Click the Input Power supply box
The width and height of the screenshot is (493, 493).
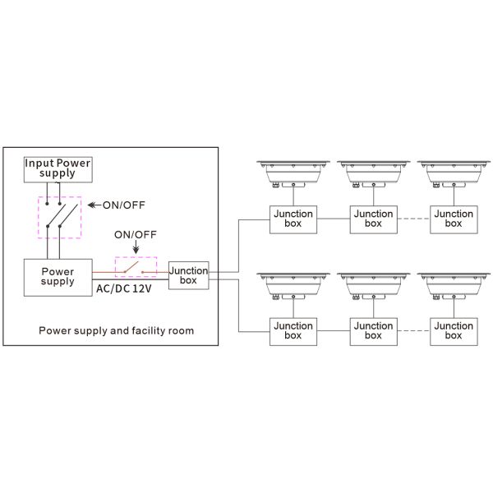[x=57, y=168]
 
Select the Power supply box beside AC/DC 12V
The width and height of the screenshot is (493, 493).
[x=57, y=276]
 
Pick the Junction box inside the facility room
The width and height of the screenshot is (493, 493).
[x=189, y=275]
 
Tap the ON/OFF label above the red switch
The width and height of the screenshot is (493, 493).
[x=136, y=234]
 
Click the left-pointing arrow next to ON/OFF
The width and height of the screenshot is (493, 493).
[x=93, y=205]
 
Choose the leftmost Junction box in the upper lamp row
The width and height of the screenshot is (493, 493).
[x=293, y=219]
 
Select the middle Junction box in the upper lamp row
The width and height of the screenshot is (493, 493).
[x=373, y=219]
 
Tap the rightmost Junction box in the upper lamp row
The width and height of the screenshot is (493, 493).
[x=454, y=219]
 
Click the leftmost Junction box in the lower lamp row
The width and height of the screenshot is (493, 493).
[x=293, y=331]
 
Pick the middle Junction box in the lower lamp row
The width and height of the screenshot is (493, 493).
[x=373, y=331]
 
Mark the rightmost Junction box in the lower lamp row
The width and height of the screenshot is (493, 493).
[x=454, y=331]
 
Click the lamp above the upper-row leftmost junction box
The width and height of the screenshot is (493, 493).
[x=293, y=175]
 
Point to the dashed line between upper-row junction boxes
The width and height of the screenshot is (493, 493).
[x=413, y=219]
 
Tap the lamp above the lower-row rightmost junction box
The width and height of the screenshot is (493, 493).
[x=454, y=288]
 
